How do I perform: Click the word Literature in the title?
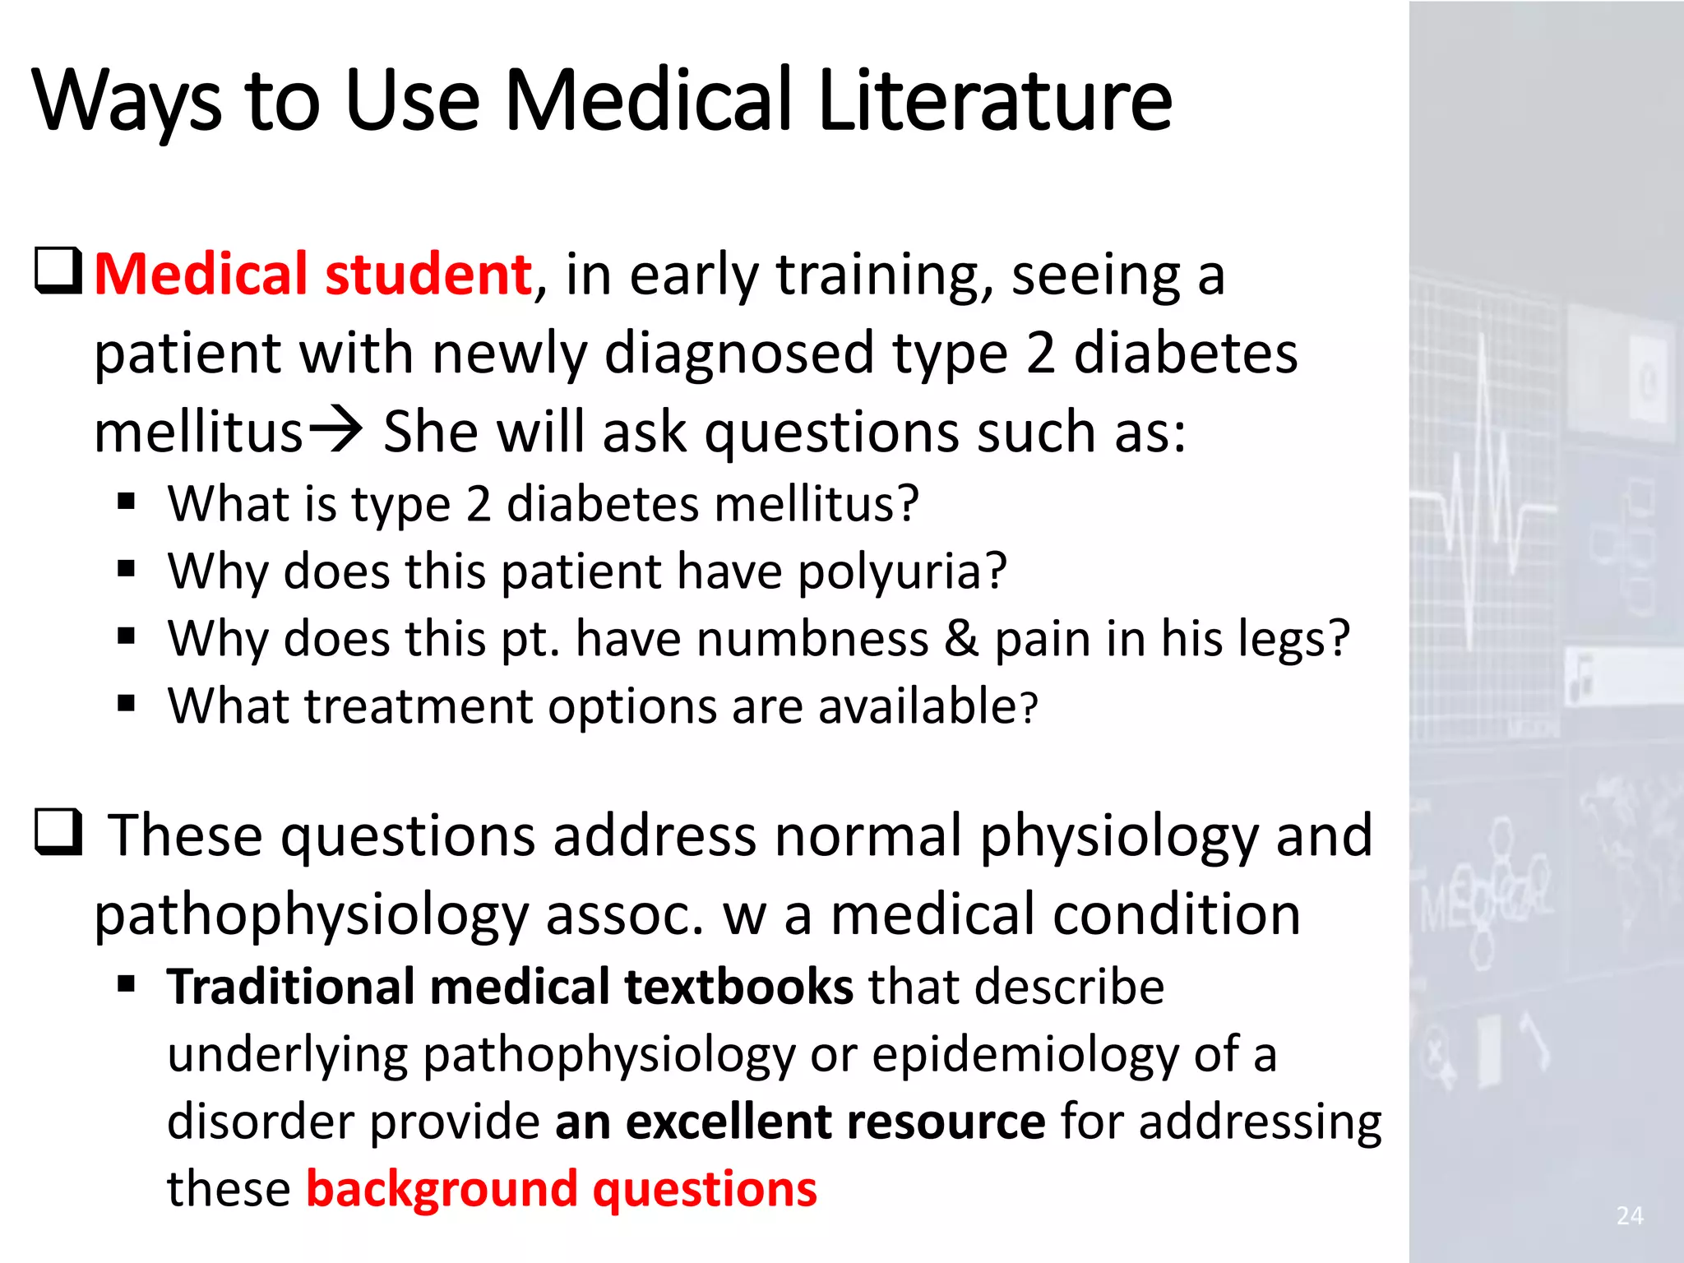coord(995,100)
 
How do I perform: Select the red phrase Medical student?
coord(313,274)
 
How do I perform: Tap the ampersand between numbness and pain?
coord(961,638)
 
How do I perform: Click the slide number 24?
coord(1630,1215)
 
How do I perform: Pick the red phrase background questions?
coord(562,1189)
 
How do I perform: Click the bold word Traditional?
coord(290,987)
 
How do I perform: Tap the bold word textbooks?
coord(738,987)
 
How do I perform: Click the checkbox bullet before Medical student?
coord(58,271)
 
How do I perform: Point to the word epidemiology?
coord(1025,1054)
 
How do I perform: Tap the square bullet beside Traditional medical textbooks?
coord(126,983)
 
